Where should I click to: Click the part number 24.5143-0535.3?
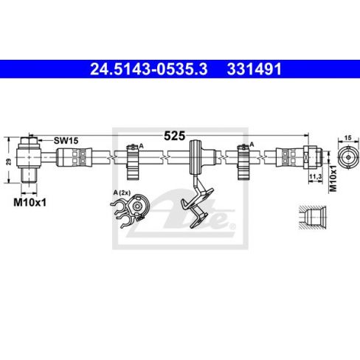pyautogui.click(x=149, y=69)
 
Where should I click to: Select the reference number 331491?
pyautogui.click(x=254, y=69)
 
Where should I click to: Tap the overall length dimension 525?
pyautogui.click(x=174, y=136)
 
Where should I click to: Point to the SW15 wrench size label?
pyautogui.click(x=66, y=141)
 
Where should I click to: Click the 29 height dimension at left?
pyautogui.click(x=9, y=162)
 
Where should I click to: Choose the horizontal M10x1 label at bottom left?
pyautogui.click(x=30, y=203)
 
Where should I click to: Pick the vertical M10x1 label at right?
pyautogui.click(x=333, y=179)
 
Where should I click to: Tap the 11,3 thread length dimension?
pyautogui.click(x=315, y=176)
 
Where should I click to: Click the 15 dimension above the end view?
pyautogui.click(x=347, y=138)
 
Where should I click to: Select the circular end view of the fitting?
pyautogui.click(x=348, y=157)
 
